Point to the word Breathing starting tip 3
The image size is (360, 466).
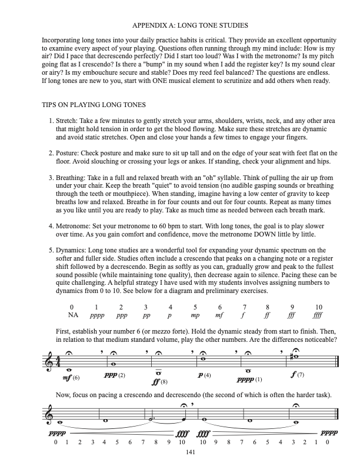(71, 177)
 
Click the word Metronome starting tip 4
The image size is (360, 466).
(74, 225)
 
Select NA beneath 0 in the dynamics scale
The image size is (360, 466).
(73, 315)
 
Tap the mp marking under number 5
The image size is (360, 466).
(195, 315)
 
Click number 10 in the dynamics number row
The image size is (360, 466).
(319, 307)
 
